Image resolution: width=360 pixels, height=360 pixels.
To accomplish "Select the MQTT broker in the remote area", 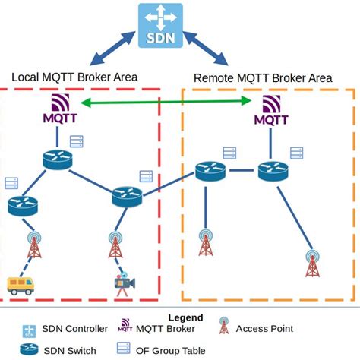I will (x=270, y=110).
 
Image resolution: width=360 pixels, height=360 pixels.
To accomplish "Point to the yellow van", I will (x=22, y=285).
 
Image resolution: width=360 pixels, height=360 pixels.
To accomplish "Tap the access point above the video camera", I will (x=115, y=245).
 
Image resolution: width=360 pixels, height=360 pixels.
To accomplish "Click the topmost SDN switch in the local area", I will (x=58, y=159).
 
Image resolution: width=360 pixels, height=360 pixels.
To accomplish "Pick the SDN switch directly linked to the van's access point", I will (x=24, y=204).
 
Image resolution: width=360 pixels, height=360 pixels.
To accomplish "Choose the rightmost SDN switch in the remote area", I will (x=272, y=171).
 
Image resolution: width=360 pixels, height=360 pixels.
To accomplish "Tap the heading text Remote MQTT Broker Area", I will (x=264, y=77).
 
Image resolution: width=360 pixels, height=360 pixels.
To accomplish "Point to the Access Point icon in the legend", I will (x=223, y=328).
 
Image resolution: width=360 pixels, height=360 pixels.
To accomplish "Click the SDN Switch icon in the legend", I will (x=30, y=349).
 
